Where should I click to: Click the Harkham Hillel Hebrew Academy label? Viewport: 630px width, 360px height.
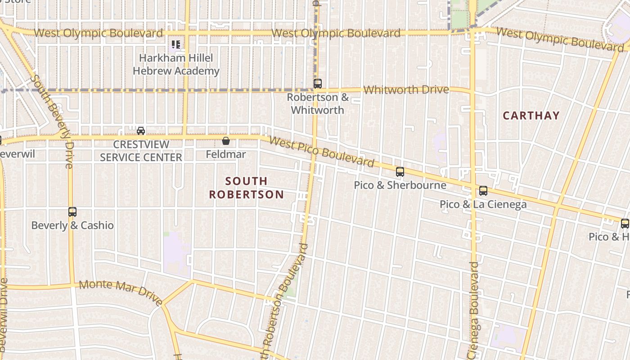(176, 64)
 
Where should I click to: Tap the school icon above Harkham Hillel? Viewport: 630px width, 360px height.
(176, 45)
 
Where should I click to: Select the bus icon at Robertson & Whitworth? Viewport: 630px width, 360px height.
(318, 84)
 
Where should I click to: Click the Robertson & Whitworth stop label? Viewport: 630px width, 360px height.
(318, 103)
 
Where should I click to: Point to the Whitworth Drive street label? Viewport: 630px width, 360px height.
(406, 90)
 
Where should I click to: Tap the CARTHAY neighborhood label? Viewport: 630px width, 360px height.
(531, 116)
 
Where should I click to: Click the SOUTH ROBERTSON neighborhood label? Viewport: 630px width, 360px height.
(247, 188)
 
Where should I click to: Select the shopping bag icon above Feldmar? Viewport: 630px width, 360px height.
(226, 141)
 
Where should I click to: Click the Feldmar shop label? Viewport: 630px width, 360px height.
(226, 154)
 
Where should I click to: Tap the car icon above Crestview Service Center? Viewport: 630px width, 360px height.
(141, 131)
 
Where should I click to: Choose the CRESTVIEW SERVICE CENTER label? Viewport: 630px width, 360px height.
(141, 151)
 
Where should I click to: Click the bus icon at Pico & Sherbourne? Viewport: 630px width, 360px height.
(400, 172)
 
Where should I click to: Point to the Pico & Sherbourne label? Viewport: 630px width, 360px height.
(400, 185)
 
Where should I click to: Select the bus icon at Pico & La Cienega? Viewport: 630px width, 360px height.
(483, 191)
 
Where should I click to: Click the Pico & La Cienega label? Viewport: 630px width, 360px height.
(483, 204)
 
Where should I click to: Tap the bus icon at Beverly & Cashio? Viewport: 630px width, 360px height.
(72, 212)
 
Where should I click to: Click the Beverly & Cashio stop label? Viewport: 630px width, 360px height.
(72, 225)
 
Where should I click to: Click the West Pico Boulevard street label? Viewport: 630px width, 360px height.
(321, 152)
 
